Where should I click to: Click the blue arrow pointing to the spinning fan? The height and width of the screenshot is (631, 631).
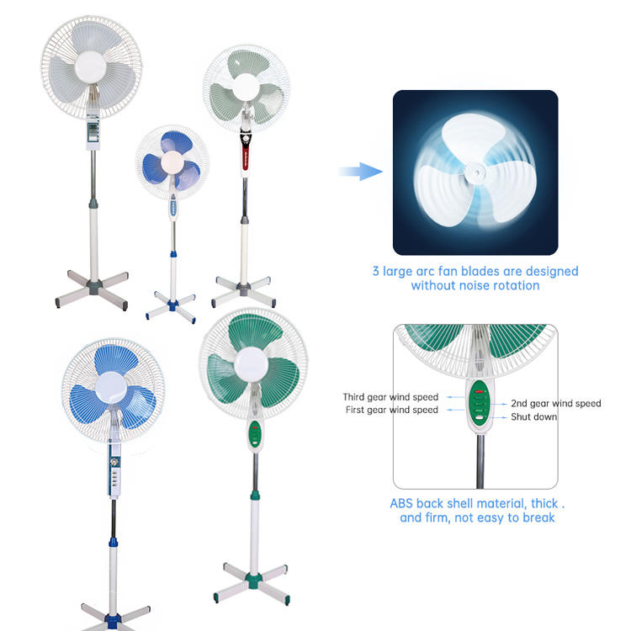coord(360,172)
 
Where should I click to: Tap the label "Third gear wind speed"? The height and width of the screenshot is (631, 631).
coord(390,397)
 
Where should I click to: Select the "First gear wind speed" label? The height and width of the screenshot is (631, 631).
coord(391,411)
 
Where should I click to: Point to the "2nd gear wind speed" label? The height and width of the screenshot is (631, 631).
coord(556,404)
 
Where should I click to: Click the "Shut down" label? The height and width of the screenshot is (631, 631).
coord(533,417)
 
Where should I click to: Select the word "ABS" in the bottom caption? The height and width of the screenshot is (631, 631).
coord(402,503)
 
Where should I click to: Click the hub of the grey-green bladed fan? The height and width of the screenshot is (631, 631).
coord(245,87)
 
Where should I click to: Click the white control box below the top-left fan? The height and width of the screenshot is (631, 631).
coord(93,130)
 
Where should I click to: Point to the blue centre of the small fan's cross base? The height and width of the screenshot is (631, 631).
coord(173,300)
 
